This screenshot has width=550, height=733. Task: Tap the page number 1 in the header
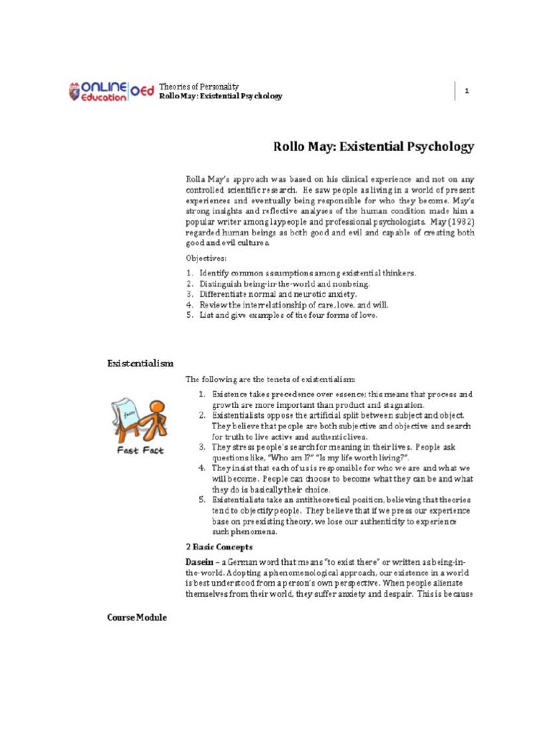click(x=466, y=91)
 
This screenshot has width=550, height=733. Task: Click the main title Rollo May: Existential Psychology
click(x=374, y=147)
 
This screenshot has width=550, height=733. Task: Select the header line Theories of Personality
click(x=198, y=86)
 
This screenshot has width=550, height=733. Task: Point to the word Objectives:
click(x=206, y=257)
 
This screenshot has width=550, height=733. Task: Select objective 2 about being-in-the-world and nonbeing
click(x=294, y=283)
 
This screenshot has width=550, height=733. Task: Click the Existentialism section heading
click(x=140, y=364)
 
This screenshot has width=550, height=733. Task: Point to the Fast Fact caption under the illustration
click(x=140, y=450)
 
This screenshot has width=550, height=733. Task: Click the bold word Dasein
click(x=200, y=558)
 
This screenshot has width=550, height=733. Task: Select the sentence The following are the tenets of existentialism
click(x=271, y=379)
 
